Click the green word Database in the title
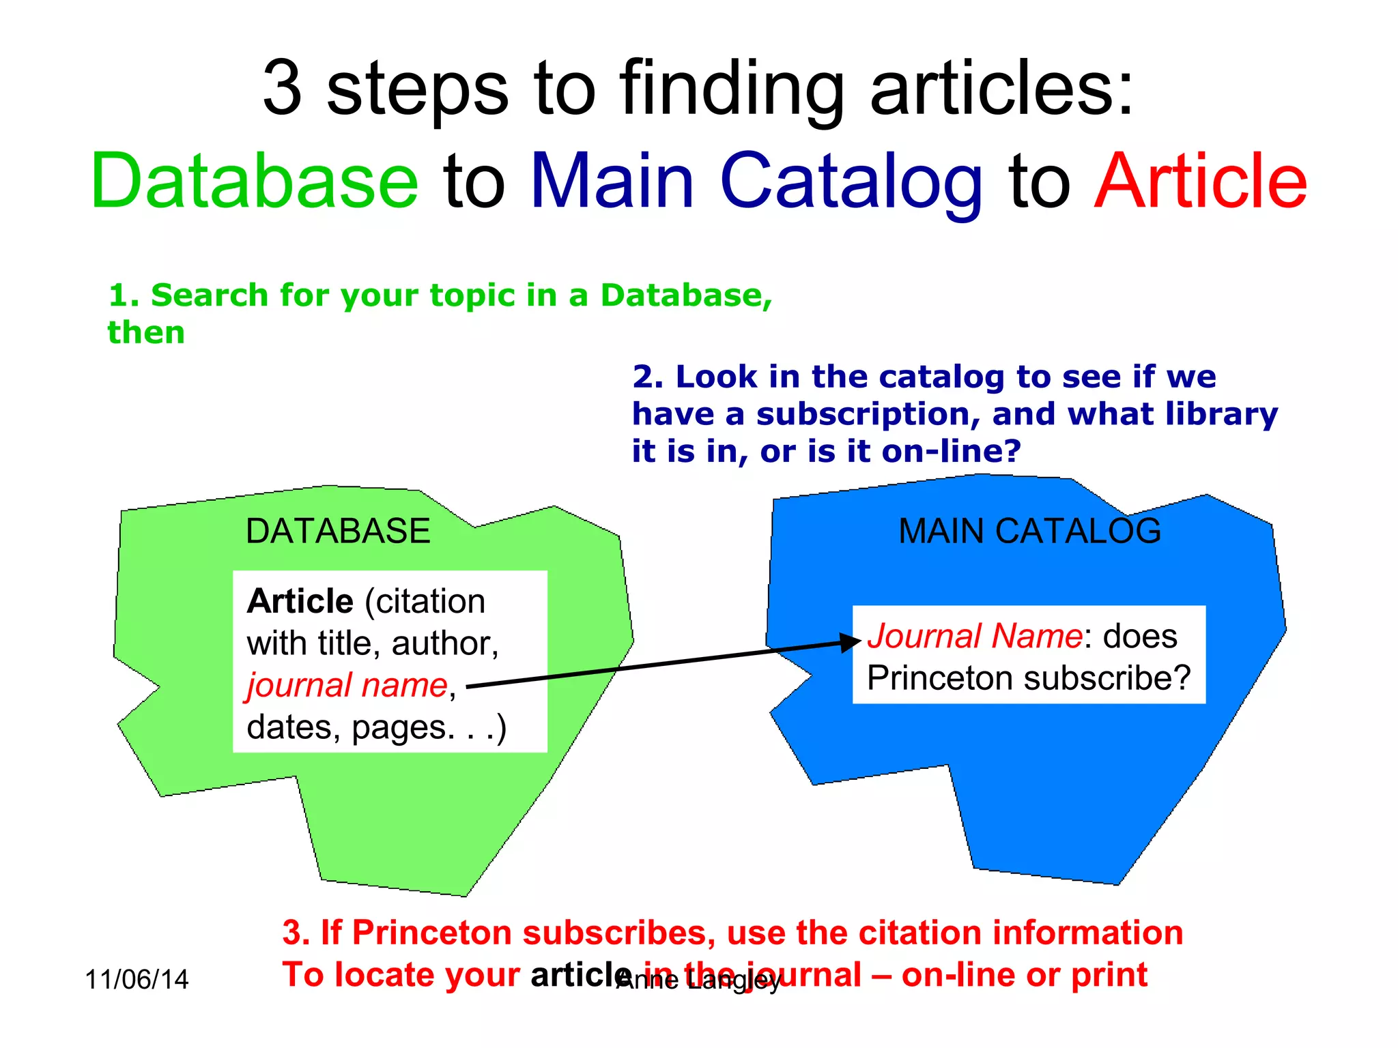pyautogui.click(x=254, y=181)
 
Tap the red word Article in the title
pyautogui.click(x=1200, y=181)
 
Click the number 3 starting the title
pyautogui.click(x=282, y=89)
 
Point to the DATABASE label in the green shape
pyautogui.click(x=338, y=531)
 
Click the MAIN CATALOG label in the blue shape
pyautogui.click(x=1029, y=531)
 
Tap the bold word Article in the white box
pyautogui.click(x=300, y=602)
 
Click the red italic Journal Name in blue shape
pyautogui.click(x=975, y=636)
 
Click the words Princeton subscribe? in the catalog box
pyautogui.click(x=1028, y=678)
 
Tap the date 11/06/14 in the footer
pyautogui.click(x=137, y=980)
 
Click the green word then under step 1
pyautogui.click(x=146, y=333)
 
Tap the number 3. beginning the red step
pyautogui.click(x=296, y=933)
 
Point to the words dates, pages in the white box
pyautogui.click(x=349, y=727)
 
